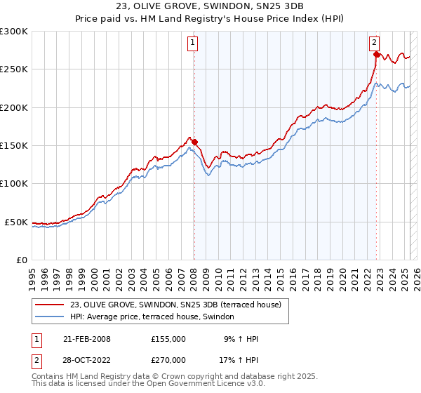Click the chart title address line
tap(210, 8)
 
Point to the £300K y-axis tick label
tap(14, 32)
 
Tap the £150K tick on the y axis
tap(14, 146)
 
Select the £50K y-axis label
tap(16, 222)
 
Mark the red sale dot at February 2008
tap(195, 142)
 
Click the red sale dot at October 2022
tap(377, 54)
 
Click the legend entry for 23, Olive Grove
tap(175, 305)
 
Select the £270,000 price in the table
tap(168, 361)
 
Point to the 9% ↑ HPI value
tap(241, 339)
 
